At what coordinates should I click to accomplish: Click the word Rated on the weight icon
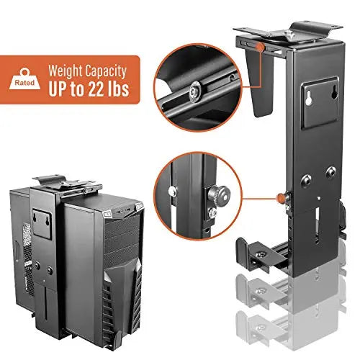pos(24,83)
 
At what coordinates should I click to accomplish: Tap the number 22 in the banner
pos(98,89)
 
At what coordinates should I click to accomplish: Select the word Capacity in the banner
pos(106,71)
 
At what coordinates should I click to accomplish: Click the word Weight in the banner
pos(66,71)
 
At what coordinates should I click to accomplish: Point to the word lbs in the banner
pos(120,89)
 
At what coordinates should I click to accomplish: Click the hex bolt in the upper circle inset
pos(194,92)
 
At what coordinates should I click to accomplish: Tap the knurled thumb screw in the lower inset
pos(219,194)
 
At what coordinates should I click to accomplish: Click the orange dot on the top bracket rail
pos(260,47)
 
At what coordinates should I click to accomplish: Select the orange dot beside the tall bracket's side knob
pos(280,198)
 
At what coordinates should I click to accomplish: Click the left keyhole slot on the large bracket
pos(308,98)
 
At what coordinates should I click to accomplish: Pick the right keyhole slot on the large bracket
pos(334,92)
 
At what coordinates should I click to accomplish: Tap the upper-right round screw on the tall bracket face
pos(331,171)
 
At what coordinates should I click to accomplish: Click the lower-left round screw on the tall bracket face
pos(307,179)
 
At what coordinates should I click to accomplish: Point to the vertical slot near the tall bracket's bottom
pos(318,225)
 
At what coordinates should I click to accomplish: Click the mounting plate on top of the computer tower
pos(67,184)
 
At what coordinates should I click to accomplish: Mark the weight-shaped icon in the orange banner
pos(24,79)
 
